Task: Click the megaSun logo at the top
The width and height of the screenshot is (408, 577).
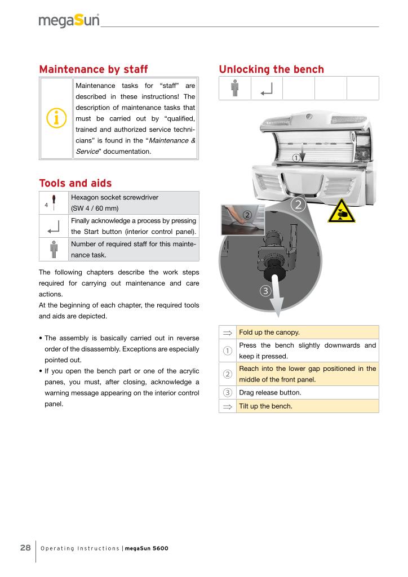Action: [69, 21]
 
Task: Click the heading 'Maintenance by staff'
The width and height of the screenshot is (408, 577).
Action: [93, 69]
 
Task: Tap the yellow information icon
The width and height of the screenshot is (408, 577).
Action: [56, 118]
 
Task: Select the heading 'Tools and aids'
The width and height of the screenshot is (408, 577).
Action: [75, 183]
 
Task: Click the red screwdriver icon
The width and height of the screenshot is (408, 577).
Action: [54, 202]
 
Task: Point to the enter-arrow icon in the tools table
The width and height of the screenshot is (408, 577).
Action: [54, 227]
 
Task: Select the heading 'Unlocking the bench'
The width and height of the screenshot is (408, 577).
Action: [271, 69]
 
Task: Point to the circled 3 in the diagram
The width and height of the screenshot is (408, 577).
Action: [266, 291]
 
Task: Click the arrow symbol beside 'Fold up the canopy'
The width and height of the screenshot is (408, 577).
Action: [228, 332]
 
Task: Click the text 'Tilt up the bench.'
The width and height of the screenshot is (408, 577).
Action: [265, 406]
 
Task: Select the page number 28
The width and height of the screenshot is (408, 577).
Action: [25, 548]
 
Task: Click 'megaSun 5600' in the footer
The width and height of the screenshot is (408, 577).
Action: [146, 548]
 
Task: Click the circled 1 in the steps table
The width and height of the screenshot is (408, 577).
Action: [228, 350]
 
